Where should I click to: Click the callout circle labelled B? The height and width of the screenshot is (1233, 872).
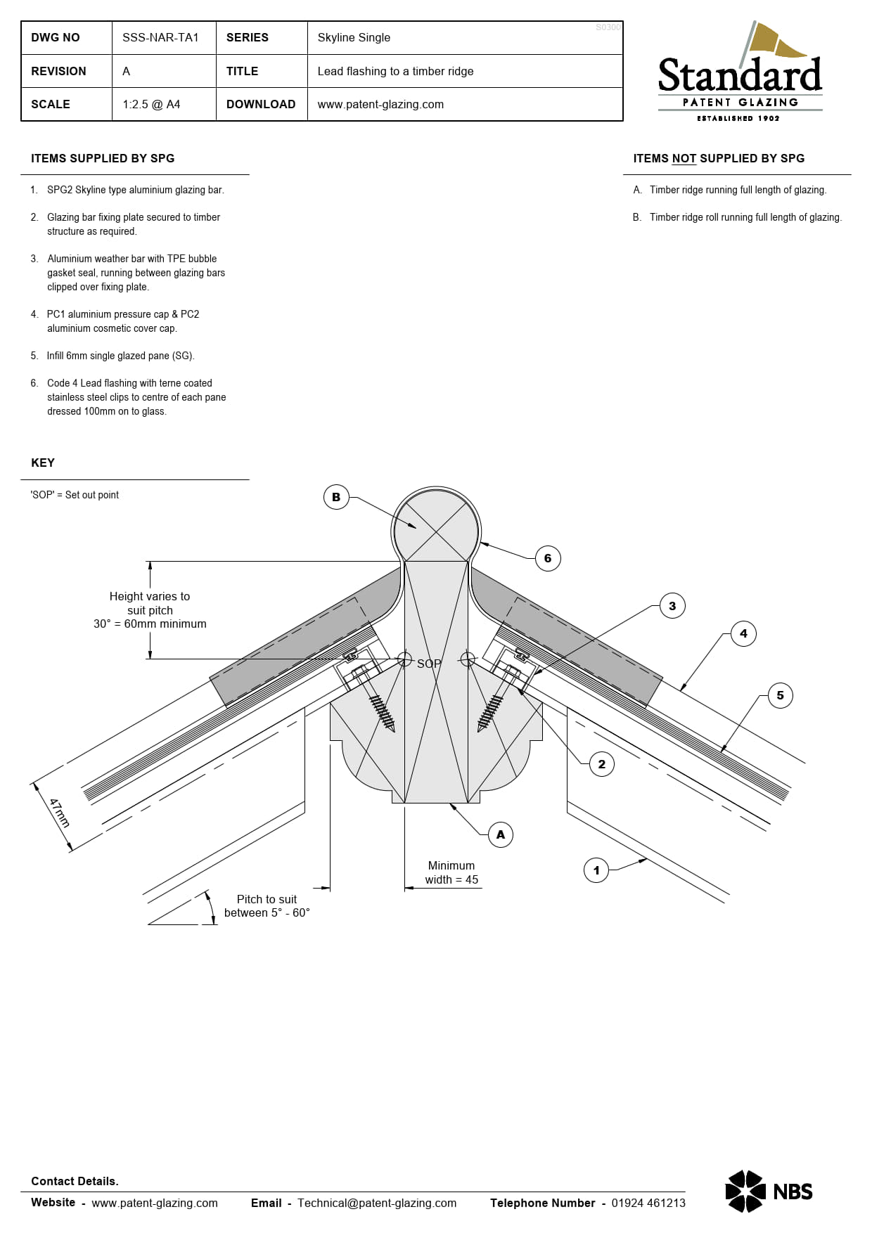(336, 497)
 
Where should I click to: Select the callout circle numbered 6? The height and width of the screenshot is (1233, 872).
(548, 558)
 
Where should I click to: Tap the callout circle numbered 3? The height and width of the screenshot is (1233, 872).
(672, 605)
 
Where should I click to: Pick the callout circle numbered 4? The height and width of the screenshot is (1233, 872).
(743, 633)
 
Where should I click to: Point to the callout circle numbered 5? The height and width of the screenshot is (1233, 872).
(780, 695)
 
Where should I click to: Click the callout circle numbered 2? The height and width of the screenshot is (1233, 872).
(601, 764)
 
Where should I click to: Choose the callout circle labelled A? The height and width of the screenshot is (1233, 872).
(500, 834)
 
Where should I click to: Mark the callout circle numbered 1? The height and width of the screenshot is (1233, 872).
(596, 870)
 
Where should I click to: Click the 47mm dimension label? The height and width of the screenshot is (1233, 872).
(60, 813)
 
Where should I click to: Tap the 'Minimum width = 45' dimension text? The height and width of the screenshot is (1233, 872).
(451, 872)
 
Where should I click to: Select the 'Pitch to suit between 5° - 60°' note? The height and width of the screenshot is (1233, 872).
(267, 906)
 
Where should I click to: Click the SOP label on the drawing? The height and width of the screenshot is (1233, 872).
(429, 664)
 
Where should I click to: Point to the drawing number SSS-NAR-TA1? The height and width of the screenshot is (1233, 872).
(160, 37)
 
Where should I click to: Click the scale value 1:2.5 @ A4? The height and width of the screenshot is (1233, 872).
(151, 104)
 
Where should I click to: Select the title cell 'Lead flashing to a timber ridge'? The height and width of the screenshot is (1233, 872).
(395, 71)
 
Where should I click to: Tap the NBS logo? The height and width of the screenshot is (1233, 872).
(769, 1192)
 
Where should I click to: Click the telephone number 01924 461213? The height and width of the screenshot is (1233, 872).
(648, 1203)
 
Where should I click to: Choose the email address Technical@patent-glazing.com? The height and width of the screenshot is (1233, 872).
(377, 1203)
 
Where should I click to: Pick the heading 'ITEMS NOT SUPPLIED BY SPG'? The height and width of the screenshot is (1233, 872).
(719, 158)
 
